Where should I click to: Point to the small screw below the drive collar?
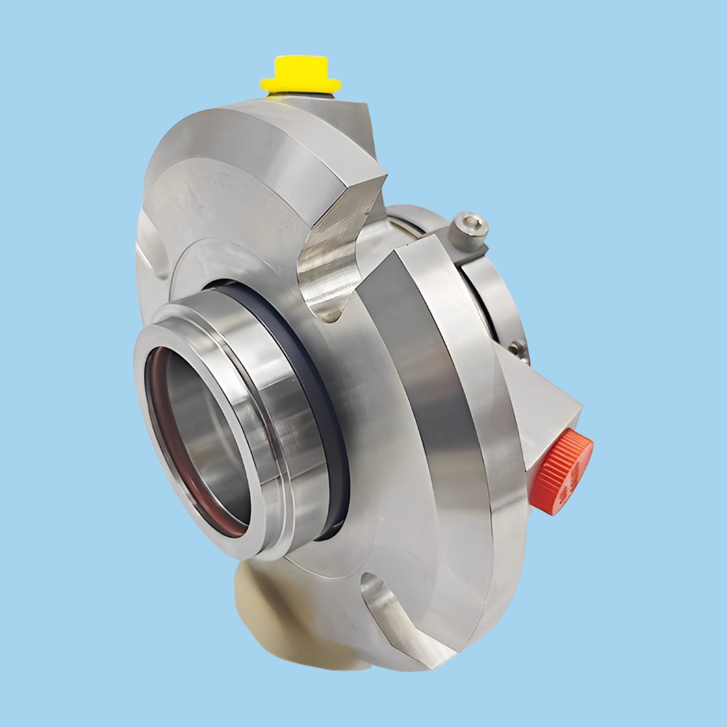517,350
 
